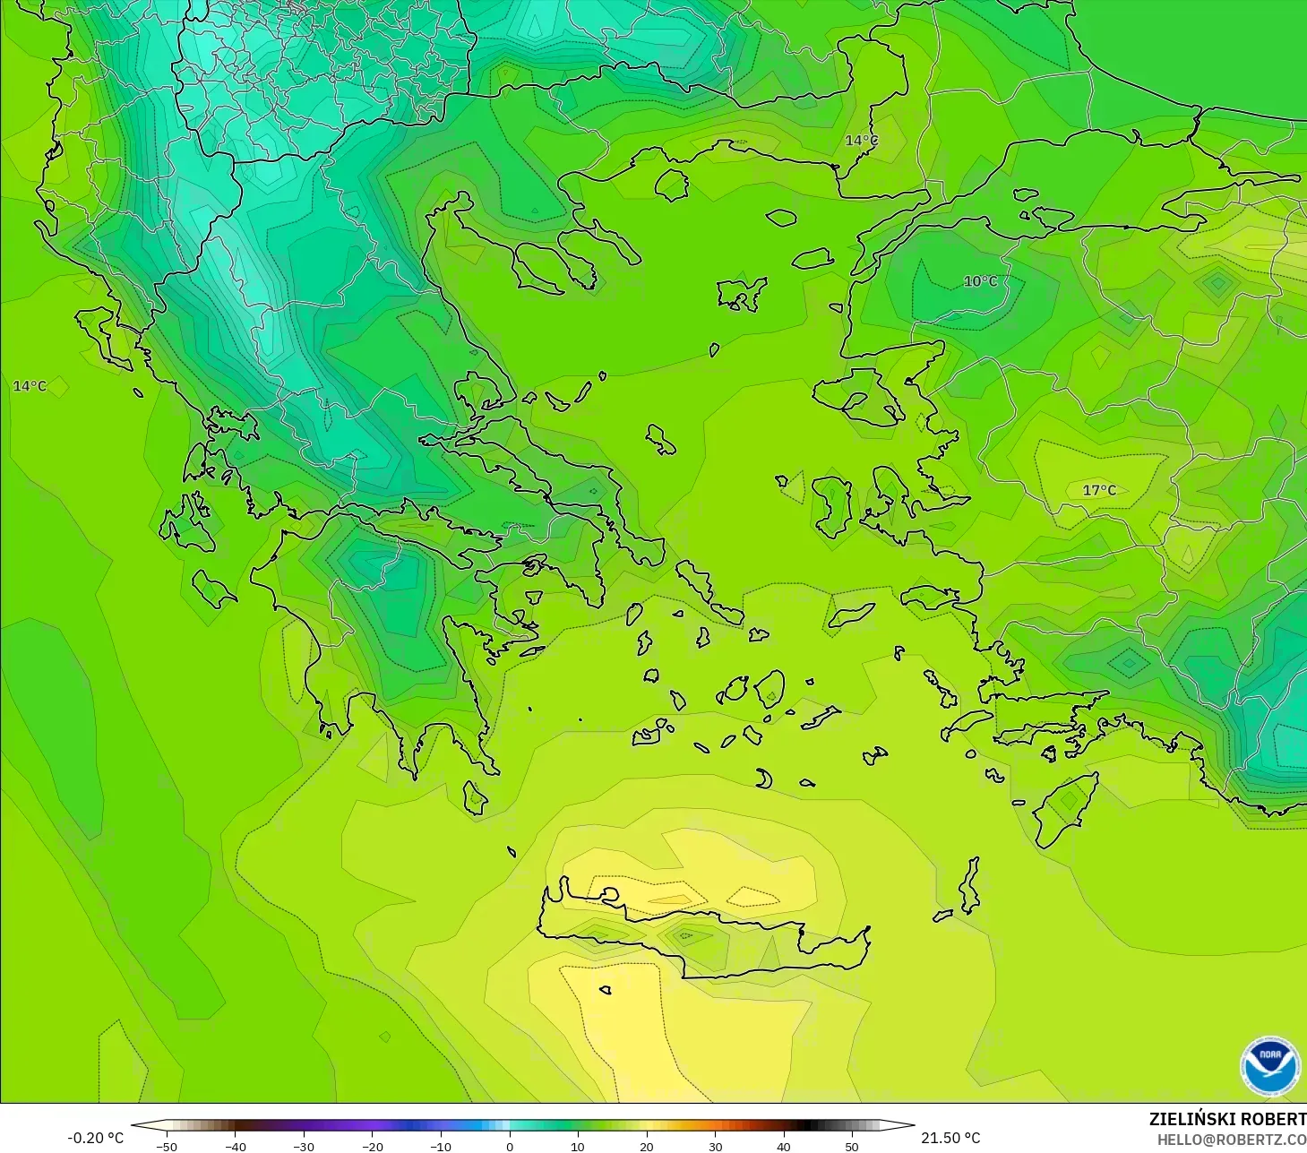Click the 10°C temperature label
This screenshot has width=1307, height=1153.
[x=980, y=281]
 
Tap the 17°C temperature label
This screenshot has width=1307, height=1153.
[x=1099, y=490]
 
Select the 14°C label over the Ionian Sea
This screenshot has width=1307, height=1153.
[x=30, y=386]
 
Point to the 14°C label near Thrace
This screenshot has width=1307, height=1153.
[x=862, y=141]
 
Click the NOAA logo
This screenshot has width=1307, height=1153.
[x=1269, y=1066]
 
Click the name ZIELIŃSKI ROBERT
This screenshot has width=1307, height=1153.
[x=1227, y=1119]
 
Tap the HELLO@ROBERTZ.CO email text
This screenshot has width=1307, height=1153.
[x=1231, y=1140]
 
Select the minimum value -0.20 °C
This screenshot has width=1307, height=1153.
[x=95, y=1138]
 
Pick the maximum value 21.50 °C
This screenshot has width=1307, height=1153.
[x=950, y=1138]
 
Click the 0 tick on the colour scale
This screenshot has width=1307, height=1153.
[x=510, y=1146]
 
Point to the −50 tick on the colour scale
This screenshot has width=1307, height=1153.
[x=167, y=1146]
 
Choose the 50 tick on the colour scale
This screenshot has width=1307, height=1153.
[x=852, y=1146]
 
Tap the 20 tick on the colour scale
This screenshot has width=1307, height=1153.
[x=647, y=1146]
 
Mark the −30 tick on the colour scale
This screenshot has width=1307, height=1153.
[x=304, y=1146]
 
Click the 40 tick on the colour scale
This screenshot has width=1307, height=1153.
[x=784, y=1146]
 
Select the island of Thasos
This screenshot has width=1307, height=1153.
[x=671, y=185]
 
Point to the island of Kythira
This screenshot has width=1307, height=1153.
[x=475, y=796]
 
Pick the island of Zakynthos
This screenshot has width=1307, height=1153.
[x=213, y=587]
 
